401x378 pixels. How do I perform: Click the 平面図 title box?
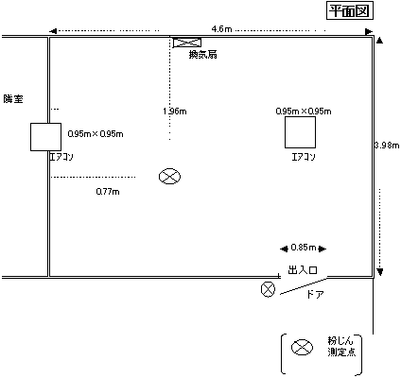(350, 11)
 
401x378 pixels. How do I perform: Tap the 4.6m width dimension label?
(221, 29)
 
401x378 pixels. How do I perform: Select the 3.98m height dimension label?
(387, 146)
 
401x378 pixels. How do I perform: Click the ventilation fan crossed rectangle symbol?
(187, 43)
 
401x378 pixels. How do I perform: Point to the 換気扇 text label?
(202, 55)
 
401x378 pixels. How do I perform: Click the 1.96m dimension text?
(175, 112)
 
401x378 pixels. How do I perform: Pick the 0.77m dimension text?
(108, 192)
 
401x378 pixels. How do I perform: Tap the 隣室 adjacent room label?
(13, 99)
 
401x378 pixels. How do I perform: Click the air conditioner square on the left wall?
(45, 137)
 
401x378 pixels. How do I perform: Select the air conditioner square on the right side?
(300, 132)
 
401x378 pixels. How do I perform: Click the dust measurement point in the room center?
(169, 176)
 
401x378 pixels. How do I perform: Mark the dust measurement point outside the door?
(268, 289)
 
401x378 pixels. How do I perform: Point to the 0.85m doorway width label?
(304, 248)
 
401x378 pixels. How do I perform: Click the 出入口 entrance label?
(303, 270)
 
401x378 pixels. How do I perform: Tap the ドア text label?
(315, 295)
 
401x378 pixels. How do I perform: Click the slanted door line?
(304, 286)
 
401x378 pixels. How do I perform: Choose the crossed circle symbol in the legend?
(302, 348)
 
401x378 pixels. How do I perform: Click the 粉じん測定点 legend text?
(341, 347)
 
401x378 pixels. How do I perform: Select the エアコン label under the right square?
(304, 157)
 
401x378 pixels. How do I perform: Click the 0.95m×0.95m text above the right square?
(304, 112)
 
